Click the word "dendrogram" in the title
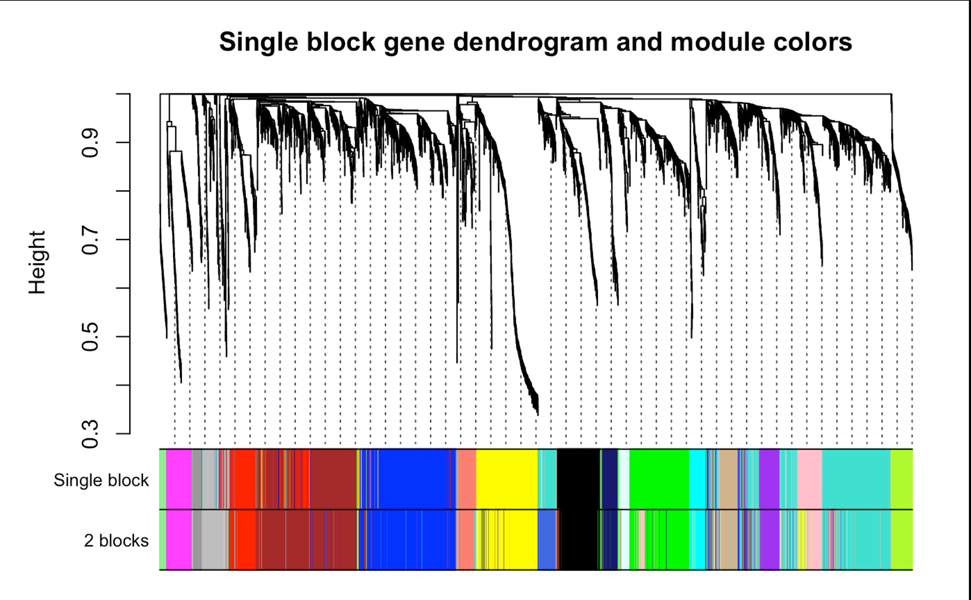(x=530, y=42)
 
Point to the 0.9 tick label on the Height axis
(x=90, y=143)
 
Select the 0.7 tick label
(x=90, y=240)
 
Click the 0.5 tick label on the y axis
(x=90, y=337)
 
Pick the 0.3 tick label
(x=90, y=434)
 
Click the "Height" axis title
(x=37, y=263)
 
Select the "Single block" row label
(x=101, y=480)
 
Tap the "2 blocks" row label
(x=116, y=540)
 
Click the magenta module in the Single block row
(x=179, y=479)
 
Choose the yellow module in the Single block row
(x=507, y=479)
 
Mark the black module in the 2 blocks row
(x=580, y=539)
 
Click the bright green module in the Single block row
(x=659, y=479)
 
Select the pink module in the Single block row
(x=810, y=479)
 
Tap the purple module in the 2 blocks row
(x=770, y=539)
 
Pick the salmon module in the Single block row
(x=467, y=479)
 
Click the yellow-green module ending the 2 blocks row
(x=902, y=539)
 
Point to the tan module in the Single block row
(x=728, y=479)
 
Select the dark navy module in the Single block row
(x=610, y=479)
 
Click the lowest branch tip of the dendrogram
(x=537, y=415)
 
